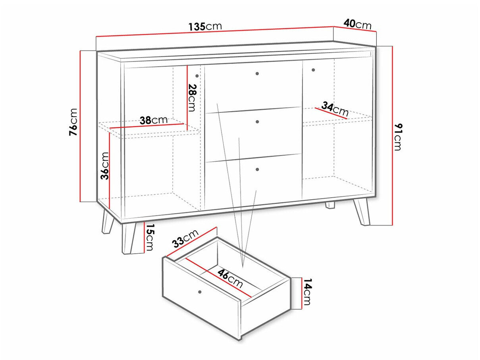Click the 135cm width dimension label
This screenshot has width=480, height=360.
click(x=205, y=27)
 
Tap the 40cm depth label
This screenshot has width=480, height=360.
click(x=357, y=24)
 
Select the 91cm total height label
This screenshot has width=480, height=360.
click(x=397, y=137)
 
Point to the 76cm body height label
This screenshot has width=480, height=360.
click(x=74, y=122)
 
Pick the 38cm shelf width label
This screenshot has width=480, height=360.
click(x=154, y=120)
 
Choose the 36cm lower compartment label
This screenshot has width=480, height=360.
click(x=105, y=166)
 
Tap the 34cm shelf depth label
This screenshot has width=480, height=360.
click(x=335, y=109)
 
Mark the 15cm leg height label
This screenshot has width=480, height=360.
click(x=150, y=237)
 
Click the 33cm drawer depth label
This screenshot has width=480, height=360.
click(x=185, y=238)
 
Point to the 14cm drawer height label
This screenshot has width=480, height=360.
click(x=307, y=292)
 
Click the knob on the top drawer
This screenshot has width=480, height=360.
click(x=257, y=73)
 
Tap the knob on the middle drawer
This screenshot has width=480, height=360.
click(x=257, y=122)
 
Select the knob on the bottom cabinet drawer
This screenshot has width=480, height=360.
click(x=257, y=169)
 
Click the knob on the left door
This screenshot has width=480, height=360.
click(x=197, y=76)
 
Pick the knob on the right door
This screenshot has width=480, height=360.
click(x=313, y=70)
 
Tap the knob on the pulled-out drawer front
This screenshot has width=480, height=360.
click(x=199, y=292)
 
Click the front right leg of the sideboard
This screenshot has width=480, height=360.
click(x=361, y=211)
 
